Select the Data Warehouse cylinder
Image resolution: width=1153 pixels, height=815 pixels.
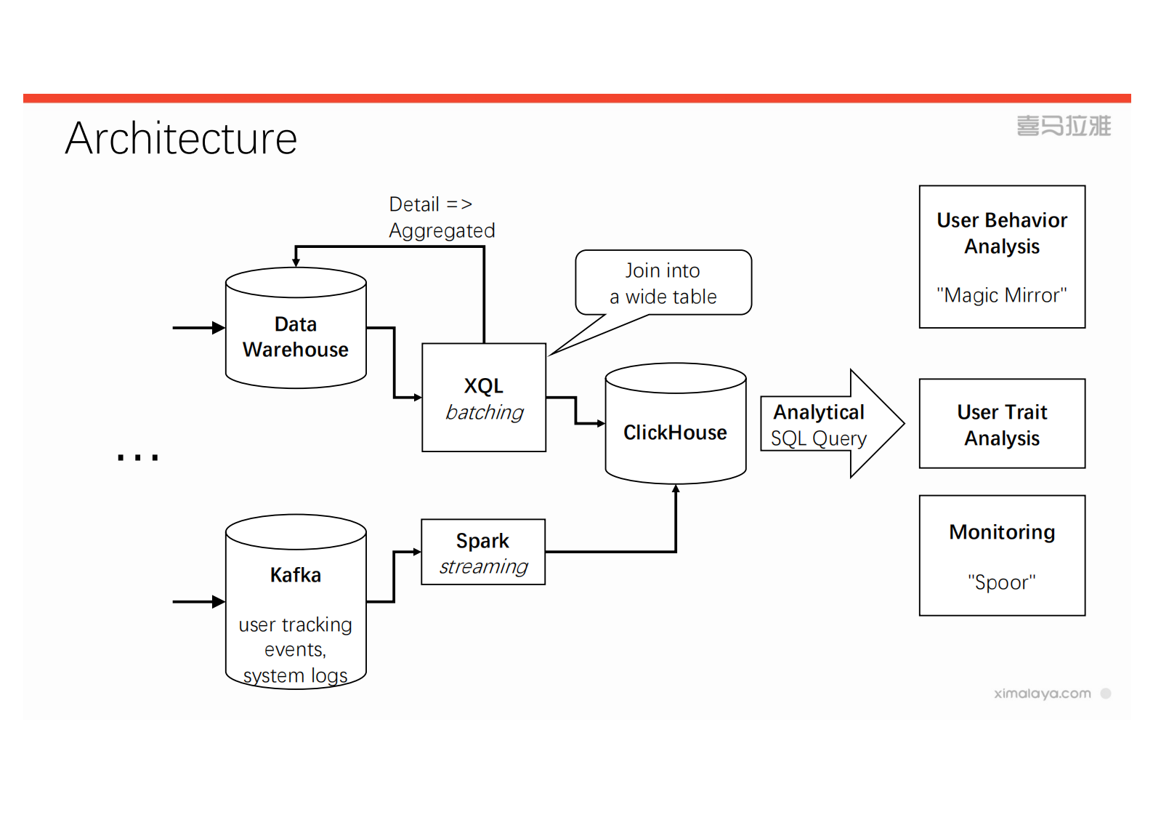click(x=296, y=336)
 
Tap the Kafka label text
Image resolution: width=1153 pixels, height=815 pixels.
click(x=296, y=575)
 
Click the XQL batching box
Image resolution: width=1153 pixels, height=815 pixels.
click(x=484, y=398)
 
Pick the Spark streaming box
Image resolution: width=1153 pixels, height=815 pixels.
click(x=483, y=552)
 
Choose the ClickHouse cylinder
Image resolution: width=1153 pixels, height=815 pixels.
click(x=675, y=432)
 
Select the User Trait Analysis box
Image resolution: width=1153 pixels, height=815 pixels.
click(x=1002, y=424)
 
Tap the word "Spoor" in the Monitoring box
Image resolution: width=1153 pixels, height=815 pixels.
click(x=1001, y=582)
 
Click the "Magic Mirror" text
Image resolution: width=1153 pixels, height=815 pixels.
click(x=1001, y=295)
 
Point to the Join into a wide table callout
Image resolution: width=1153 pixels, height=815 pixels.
click(x=663, y=284)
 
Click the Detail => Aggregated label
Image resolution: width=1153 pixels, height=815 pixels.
click(x=441, y=217)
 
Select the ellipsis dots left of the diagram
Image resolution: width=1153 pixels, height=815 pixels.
click(x=138, y=457)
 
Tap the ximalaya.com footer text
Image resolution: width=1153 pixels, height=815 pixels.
click(x=1042, y=694)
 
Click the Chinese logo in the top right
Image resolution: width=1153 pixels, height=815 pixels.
click(x=1064, y=126)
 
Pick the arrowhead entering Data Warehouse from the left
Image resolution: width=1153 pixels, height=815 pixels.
click(x=219, y=328)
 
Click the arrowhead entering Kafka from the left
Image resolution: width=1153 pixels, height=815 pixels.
click(x=219, y=602)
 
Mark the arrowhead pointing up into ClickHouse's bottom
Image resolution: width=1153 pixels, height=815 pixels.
click(x=676, y=489)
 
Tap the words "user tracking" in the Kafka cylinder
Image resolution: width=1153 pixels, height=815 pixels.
click(x=295, y=625)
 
